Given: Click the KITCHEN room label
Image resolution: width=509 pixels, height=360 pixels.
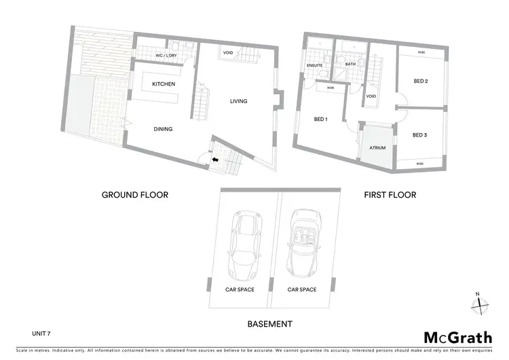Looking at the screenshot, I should click(164, 84).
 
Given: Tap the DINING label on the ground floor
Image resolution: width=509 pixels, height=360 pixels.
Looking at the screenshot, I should click(163, 128).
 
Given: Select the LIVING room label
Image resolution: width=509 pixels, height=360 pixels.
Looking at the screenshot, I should click(238, 101).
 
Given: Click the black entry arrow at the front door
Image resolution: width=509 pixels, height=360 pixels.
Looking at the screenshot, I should click(215, 160).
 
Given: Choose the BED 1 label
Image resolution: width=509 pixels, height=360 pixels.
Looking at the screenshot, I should click(321, 120).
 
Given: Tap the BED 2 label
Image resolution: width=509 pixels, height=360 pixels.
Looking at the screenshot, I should click(420, 82).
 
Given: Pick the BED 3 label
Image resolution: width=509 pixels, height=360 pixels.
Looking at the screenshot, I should click(419, 135).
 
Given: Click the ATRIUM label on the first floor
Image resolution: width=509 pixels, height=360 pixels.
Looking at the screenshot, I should click(377, 147).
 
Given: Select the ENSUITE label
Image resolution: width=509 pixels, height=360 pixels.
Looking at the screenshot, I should click(315, 65).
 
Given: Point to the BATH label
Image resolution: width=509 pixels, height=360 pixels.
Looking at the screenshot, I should click(350, 64).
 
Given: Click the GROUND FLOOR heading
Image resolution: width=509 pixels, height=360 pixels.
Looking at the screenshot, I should click(135, 195).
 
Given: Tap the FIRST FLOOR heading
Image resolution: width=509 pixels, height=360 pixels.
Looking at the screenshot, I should click(390, 195).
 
